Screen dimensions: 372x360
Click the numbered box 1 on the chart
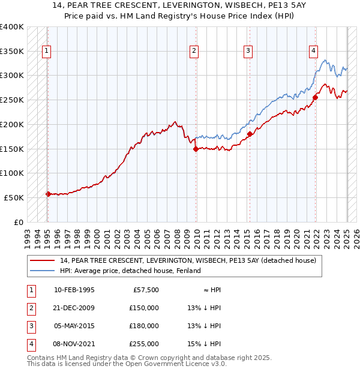46,52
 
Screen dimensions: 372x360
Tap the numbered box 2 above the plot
194,52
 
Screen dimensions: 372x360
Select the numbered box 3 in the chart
248,52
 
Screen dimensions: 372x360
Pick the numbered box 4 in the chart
313,52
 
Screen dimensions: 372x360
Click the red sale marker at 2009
196,149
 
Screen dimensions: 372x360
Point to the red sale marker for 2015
249,134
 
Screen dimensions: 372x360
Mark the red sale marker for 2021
316,98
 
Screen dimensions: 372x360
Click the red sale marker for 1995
48,194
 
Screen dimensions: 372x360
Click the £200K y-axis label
12,124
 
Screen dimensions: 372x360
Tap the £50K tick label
14,197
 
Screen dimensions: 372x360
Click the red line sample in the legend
43,261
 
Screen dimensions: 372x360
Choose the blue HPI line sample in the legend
43,271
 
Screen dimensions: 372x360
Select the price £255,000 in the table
144,344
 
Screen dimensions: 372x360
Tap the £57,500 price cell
146,290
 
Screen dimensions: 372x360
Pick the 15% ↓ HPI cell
205,344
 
